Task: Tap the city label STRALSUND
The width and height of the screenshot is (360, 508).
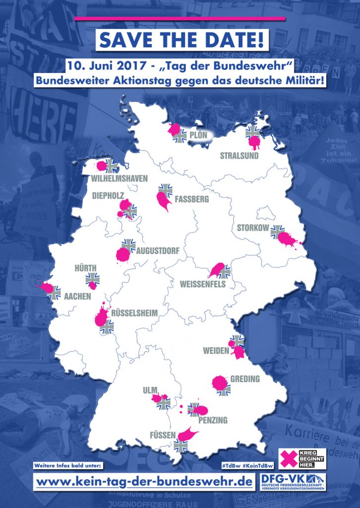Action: point(240,155)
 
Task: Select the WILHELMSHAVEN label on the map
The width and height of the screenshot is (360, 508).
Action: point(120,178)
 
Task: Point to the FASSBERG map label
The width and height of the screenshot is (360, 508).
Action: point(192,199)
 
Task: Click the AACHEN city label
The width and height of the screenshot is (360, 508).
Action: point(77,296)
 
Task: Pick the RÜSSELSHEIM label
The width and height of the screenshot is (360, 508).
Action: point(134,313)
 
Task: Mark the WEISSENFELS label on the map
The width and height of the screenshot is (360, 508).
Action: point(203,284)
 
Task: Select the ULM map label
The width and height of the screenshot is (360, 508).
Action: point(150,390)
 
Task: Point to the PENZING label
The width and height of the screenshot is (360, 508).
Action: point(213,420)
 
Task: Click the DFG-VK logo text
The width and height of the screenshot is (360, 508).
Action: point(278,478)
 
